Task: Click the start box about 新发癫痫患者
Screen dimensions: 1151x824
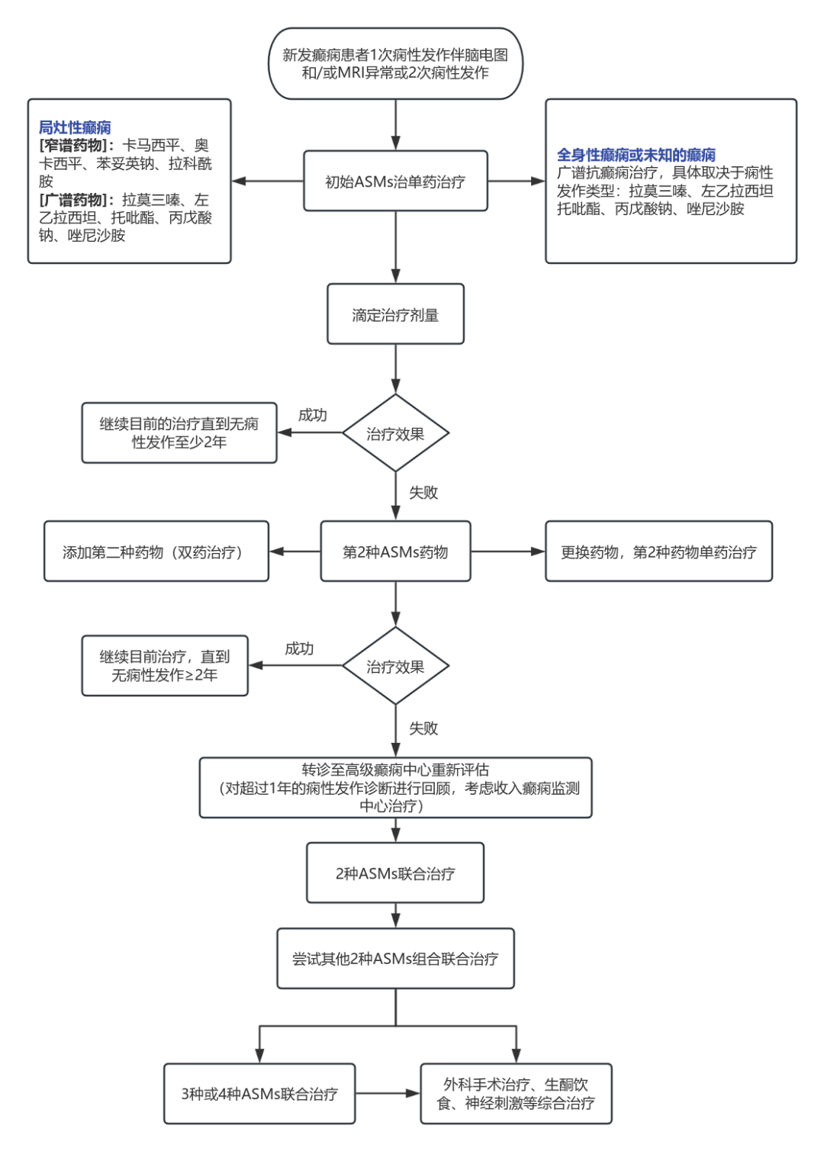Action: coord(395,64)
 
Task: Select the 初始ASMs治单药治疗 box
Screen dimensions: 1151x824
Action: coord(395,182)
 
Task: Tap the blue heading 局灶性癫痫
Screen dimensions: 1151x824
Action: coord(75,127)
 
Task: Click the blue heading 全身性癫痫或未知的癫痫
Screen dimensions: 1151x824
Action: coord(636,155)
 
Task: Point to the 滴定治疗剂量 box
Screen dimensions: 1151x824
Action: coord(395,315)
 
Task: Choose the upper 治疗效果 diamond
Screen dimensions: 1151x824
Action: coord(395,434)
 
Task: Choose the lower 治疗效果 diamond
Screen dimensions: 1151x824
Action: coord(395,667)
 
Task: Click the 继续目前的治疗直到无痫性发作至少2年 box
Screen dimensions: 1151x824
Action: coord(179,433)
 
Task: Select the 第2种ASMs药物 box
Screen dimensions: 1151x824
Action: coord(395,552)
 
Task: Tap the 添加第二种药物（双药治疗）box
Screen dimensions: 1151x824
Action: coord(156,552)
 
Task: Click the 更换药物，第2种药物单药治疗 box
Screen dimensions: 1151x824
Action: coord(658,552)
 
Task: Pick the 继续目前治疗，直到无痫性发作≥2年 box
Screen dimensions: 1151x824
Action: coord(165,666)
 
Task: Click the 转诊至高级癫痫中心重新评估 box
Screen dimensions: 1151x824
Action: coord(395,788)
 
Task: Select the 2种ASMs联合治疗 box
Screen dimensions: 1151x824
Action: coord(395,873)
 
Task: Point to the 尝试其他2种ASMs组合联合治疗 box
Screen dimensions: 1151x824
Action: coord(395,959)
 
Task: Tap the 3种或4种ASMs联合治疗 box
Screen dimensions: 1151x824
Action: coord(259,1094)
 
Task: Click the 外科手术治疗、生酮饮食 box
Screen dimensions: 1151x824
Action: coord(516,1094)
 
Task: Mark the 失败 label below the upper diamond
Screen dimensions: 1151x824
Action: coord(423,493)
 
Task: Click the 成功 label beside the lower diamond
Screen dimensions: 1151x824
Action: coord(299,649)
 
